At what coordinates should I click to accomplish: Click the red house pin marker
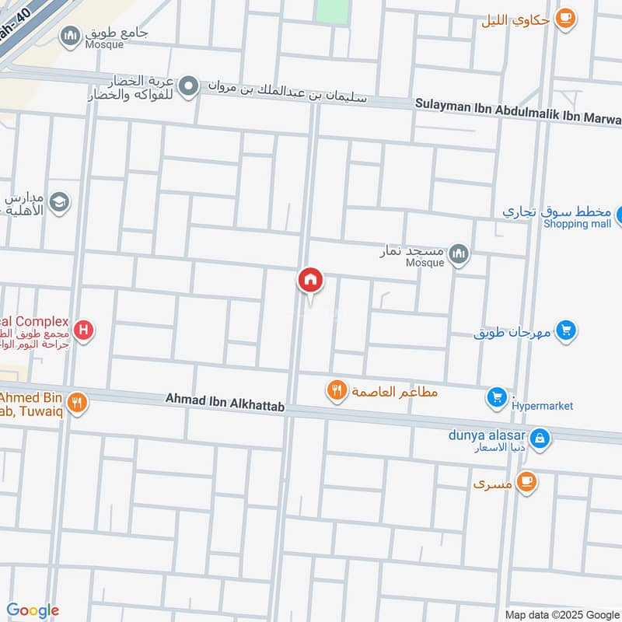tap(310, 280)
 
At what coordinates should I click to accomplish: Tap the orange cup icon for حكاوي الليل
tap(565, 18)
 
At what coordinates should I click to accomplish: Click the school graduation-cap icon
tap(59, 203)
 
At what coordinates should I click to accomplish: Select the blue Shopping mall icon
tap(620, 214)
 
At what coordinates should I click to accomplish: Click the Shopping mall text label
tap(577, 224)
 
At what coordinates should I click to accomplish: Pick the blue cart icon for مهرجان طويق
tap(567, 331)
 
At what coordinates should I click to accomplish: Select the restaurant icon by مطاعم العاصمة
tap(337, 390)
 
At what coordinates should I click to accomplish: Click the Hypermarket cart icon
tap(497, 398)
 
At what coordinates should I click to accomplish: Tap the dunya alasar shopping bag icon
tap(540, 439)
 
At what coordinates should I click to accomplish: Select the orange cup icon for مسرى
tap(526, 483)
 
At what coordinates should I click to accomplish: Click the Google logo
tap(33, 610)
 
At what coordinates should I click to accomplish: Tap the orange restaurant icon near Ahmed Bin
tap(76, 402)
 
